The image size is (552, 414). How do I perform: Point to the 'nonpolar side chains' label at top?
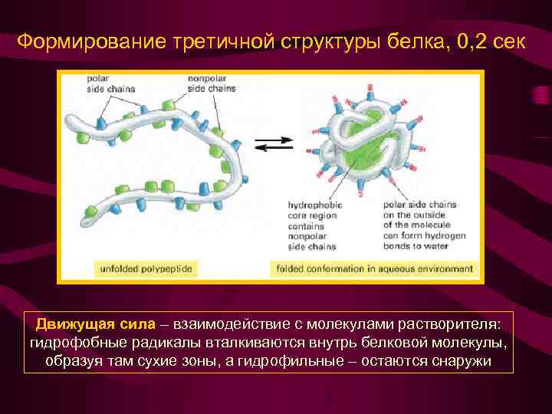click(x=212, y=84)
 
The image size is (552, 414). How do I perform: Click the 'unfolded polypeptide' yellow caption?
click(x=146, y=268)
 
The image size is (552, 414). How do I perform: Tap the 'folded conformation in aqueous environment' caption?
click(x=373, y=268)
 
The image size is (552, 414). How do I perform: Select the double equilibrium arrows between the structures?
click(x=274, y=143)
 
